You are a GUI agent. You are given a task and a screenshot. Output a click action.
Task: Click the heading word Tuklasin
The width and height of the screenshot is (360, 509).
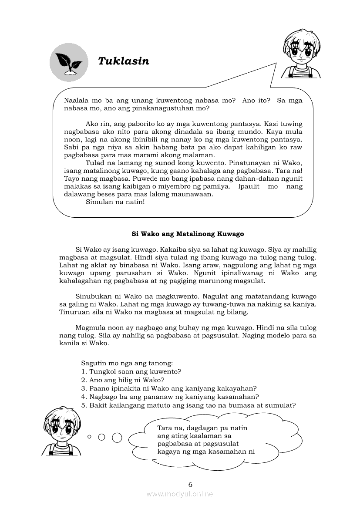pyautogui.click(x=124, y=61)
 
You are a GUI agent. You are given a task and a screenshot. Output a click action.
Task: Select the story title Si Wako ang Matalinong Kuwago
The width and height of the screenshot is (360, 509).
pyautogui.click(x=188, y=234)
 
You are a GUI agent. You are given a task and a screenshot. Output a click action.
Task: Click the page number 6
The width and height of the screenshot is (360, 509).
pyautogui.click(x=190, y=484)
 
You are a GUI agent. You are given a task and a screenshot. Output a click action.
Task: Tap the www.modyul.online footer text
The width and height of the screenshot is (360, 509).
pyautogui.click(x=180, y=494)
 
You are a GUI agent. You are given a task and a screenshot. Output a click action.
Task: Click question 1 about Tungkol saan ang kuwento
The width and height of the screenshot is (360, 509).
pyautogui.click(x=131, y=371)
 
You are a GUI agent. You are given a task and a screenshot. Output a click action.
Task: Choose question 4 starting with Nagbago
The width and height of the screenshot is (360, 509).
pyautogui.click(x=170, y=397)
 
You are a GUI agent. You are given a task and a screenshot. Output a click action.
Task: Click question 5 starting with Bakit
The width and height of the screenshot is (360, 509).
pyautogui.click(x=188, y=405)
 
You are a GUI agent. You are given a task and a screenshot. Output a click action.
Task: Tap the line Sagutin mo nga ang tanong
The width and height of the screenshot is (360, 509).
pyautogui.click(x=127, y=363)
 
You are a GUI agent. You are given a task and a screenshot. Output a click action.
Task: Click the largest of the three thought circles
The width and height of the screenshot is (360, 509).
pyautogui.click(x=117, y=437)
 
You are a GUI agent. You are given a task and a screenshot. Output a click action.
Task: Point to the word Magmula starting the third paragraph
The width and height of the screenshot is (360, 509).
pyautogui.click(x=89, y=327)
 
